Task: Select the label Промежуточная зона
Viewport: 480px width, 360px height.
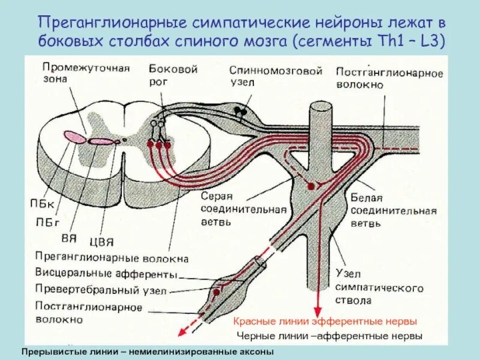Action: (86, 73)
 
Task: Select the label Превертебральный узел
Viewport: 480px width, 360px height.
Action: (101, 290)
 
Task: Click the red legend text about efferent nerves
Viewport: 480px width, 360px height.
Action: (324, 322)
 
